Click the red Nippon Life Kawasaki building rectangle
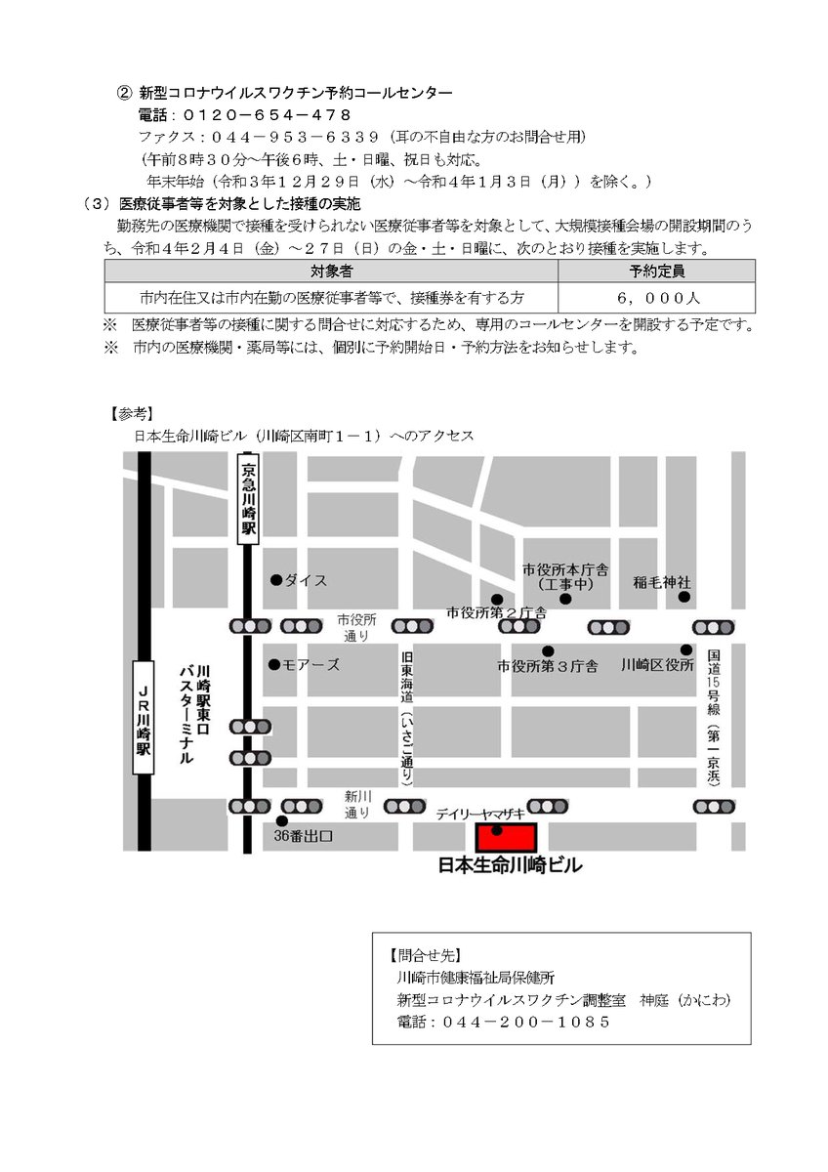click(506, 837)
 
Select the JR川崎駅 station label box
click(144, 719)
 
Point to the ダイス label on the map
click(305, 580)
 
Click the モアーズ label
click(310, 665)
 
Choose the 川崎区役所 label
click(657, 665)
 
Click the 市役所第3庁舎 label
click(547, 666)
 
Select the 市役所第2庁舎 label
click(496, 613)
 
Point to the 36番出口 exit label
click(304, 836)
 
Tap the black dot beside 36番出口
click(281, 821)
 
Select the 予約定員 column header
click(656, 271)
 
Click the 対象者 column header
click(332, 271)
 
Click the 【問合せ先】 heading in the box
click(425, 955)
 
